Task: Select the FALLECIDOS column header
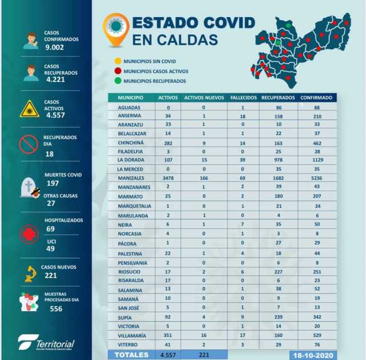click(x=243, y=98)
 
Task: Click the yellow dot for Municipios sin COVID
click(x=117, y=61)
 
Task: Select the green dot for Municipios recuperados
click(x=117, y=81)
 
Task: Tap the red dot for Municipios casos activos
click(x=117, y=72)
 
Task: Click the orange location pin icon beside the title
click(x=116, y=29)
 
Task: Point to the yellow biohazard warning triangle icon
click(x=29, y=108)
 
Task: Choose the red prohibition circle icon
click(x=29, y=144)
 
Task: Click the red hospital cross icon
click(x=29, y=234)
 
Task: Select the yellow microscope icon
click(x=29, y=274)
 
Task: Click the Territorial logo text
click(x=55, y=344)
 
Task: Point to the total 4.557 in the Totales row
click(x=168, y=355)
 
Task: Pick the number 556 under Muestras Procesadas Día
click(x=56, y=308)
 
